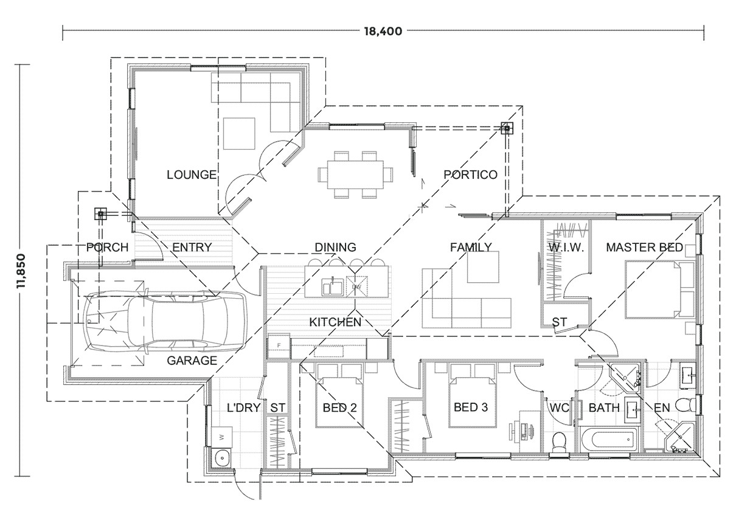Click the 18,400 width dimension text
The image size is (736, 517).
coord(384,32)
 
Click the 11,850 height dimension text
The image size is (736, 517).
coord(23,269)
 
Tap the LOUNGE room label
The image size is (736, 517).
coord(192,175)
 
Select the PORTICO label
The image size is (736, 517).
coord(470,175)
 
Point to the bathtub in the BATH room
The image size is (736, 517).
coord(608,439)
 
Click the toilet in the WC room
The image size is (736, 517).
coord(558,441)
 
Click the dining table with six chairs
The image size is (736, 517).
coord(351,175)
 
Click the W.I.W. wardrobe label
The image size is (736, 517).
coord(565,248)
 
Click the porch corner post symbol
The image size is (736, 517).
coord(101,214)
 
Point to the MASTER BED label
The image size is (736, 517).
coord(644,248)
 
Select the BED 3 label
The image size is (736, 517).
coord(471,408)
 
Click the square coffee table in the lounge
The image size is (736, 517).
coord(239,134)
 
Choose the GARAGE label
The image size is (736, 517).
coord(192,360)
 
